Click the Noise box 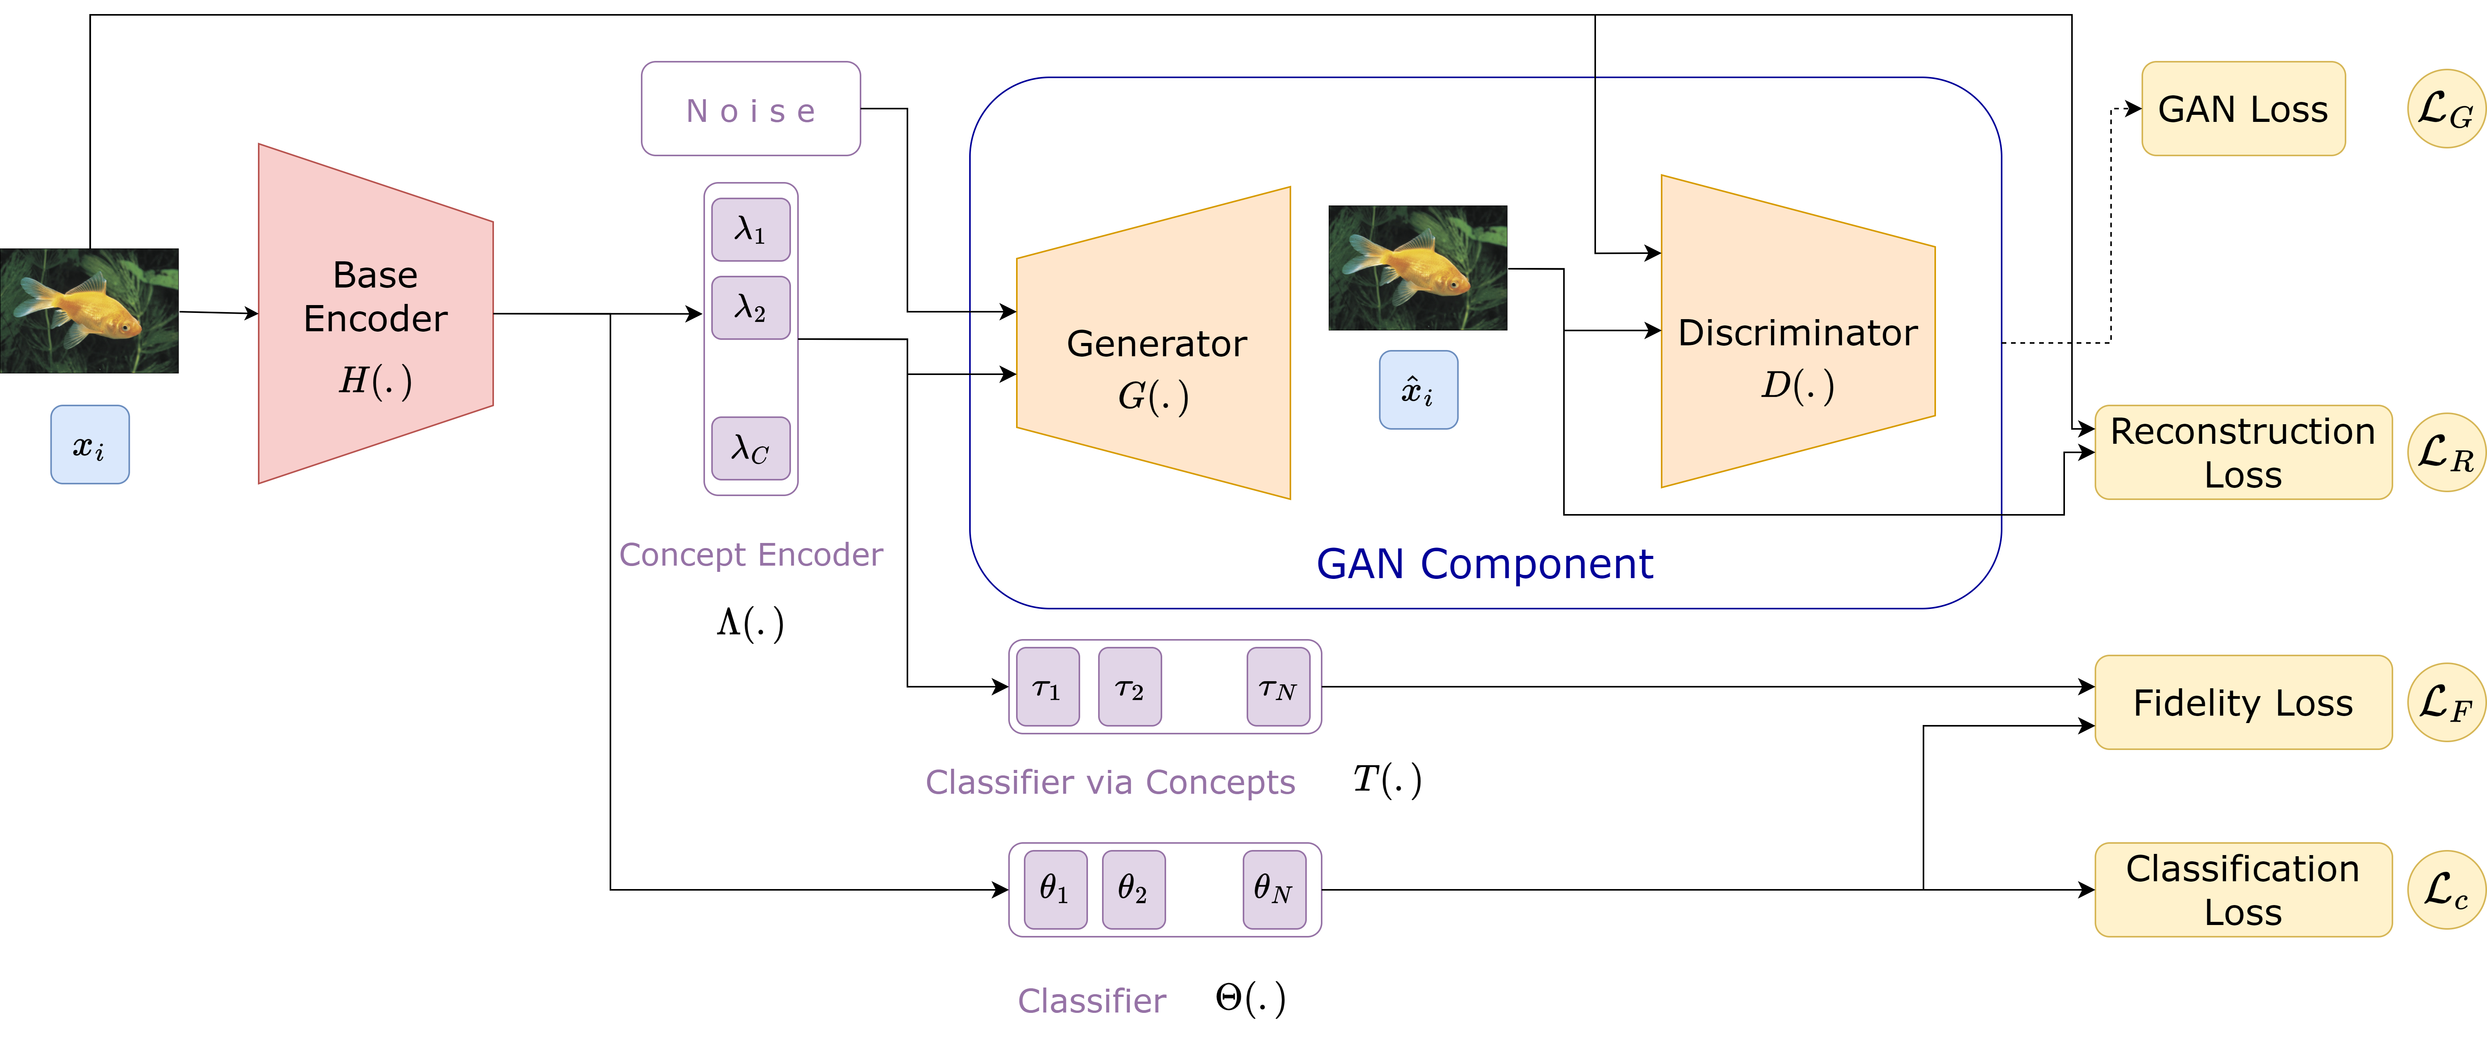[750, 109]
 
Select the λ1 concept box [750, 230]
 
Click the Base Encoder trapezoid [376, 314]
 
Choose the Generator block [1154, 343]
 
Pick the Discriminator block [1798, 331]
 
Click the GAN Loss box [2243, 109]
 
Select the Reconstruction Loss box [2243, 453]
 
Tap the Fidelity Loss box [2243, 703]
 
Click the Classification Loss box [2243, 890]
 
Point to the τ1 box [1047, 687]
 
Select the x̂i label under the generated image [1418, 390]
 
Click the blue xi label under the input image [90, 445]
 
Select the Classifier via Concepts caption [1110, 782]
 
